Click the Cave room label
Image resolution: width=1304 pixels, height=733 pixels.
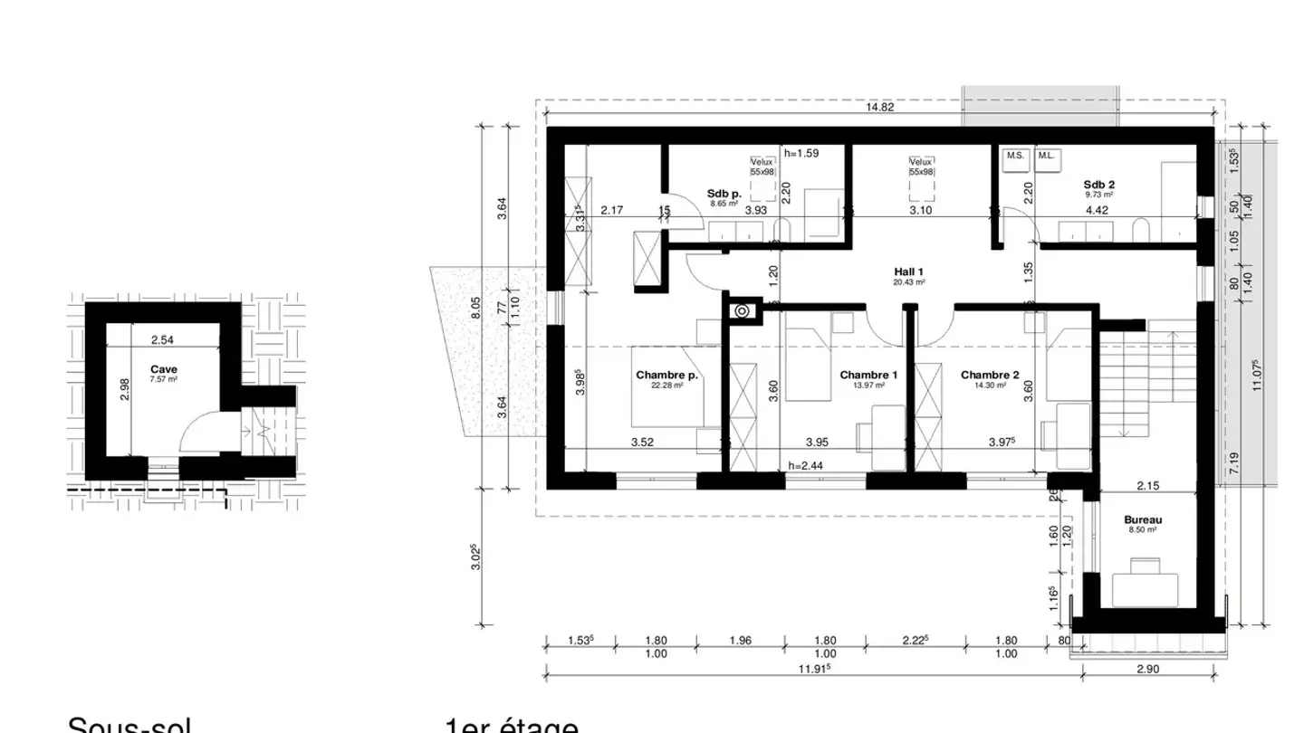point(164,369)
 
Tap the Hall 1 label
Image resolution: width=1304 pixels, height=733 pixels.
point(908,271)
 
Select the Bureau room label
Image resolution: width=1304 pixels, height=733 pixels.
point(1142,520)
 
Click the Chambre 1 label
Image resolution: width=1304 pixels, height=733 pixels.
point(868,375)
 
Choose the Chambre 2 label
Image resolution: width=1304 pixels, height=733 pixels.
point(990,375)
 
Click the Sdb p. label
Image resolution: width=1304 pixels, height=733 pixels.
point(724,193)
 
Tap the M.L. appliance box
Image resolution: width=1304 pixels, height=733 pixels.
point(1048,156)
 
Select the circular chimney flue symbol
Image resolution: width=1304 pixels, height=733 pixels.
point(742,311)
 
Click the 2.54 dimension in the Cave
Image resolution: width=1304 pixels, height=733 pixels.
point(162,340)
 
